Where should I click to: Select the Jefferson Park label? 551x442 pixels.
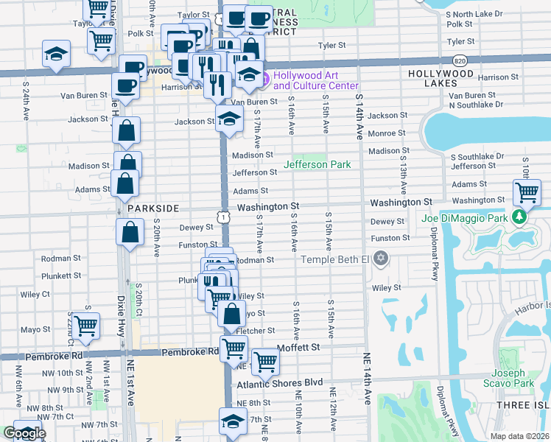317,164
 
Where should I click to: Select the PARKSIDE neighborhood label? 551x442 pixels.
152,208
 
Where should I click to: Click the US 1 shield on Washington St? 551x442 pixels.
222,216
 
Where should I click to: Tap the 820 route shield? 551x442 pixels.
460,60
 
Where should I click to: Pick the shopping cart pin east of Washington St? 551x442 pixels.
527,192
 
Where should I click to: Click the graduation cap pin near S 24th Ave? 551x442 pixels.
56,55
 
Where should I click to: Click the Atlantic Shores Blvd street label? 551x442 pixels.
280,383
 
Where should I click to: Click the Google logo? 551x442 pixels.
24,433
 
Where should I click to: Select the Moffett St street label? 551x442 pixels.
298,346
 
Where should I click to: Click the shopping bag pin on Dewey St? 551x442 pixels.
130,232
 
